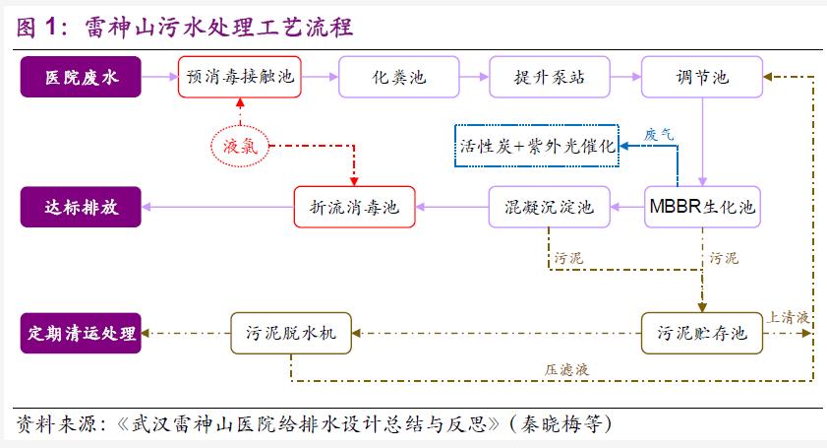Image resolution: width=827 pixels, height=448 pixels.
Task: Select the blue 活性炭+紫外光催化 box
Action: [x=536, y=145]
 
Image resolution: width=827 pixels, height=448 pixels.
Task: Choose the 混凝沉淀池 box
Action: [x=549, y=207]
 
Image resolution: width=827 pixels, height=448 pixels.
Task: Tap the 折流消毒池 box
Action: [x=355, y=207]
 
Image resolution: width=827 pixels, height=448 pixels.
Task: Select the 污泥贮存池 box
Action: [x=701, y=334]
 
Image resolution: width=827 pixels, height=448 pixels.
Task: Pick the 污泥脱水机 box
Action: [x=291, y=334]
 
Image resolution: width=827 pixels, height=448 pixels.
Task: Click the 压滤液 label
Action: [x=567, y=369]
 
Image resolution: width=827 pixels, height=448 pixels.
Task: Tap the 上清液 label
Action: [x=788, y=317]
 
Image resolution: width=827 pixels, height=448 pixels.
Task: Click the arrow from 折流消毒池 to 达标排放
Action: [x=218, y=207]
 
